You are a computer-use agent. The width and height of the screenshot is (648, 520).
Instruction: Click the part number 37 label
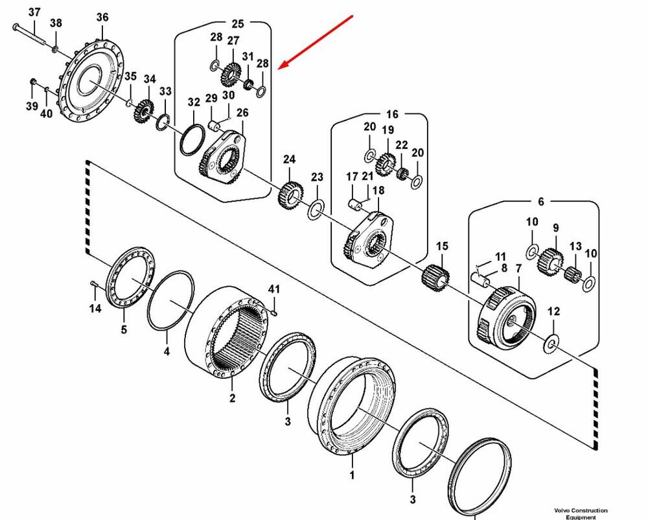tap(34, 12)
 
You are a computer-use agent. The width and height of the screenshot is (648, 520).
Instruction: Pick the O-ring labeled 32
tap(192, 140)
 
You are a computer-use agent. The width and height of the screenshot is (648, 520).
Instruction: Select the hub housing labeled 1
tap(356, 405)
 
